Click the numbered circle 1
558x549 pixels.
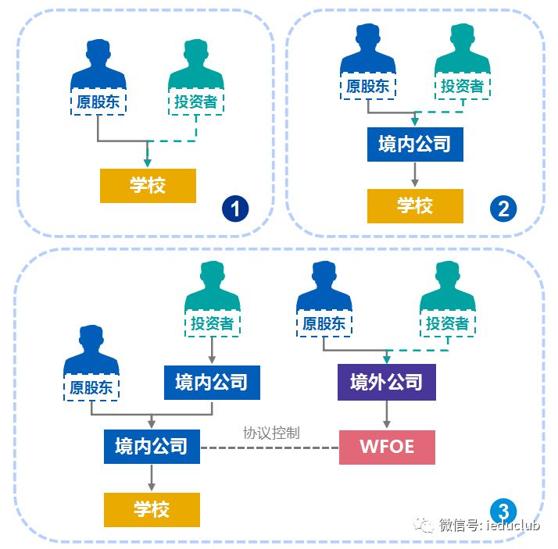[x=235, y=209]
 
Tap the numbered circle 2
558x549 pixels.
[x=503, y=209]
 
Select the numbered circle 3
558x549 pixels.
[x=504, y=512]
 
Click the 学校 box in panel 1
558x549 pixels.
[x=147, y=186]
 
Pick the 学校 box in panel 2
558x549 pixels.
[x=415, y=205]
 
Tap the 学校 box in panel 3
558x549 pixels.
[x=152, y=509]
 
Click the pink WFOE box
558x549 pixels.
[x=387, y=447]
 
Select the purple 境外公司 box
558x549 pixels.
[x=387, y=383]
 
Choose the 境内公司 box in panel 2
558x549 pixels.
[x=415, y=144]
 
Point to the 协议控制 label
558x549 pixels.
[x=271, y=432]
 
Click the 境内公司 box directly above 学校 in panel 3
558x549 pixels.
[x=152, y=447]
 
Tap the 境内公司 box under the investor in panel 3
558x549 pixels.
[x=212, y=383]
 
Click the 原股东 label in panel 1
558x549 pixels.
[x=98, y=101]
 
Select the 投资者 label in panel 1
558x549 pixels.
[x=196, y=101]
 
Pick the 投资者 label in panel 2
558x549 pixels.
[x=462, y=85]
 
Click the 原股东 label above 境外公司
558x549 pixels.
[x=324, y=323]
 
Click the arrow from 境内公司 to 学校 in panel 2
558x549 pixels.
[x=415, y=175]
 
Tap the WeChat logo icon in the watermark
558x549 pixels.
[x=426, y=525]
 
